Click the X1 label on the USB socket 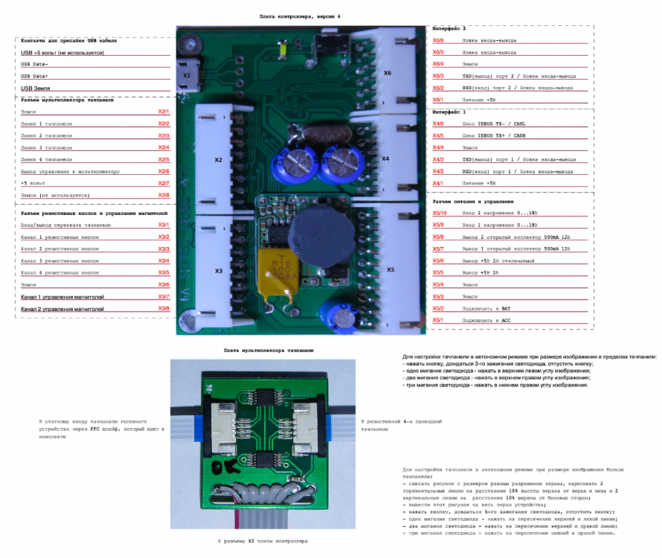pos(187,75)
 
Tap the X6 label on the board pos(388,73)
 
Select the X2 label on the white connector pos(218,160)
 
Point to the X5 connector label pos(391,269)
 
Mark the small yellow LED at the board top pos(282,51)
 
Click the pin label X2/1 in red pos(164,112)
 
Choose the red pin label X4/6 pos(438,124)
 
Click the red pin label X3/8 pos(164,309)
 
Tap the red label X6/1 pos(438,100)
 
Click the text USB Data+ pos(35,76)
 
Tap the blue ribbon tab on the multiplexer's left pos(199,425)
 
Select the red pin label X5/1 pos(438,321)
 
